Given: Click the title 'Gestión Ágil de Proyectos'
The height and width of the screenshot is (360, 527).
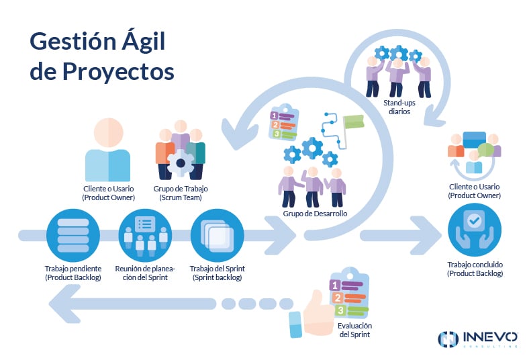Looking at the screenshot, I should pos(101,56).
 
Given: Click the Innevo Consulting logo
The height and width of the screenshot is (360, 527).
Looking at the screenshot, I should pos(477,339).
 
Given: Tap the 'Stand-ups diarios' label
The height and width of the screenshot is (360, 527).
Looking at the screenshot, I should pos(397,107).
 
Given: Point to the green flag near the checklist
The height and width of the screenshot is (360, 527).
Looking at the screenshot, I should pos(353,124).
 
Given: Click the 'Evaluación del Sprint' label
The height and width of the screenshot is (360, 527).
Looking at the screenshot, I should pos(355,330).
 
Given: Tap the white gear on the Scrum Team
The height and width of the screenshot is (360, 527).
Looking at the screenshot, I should pos(181,163).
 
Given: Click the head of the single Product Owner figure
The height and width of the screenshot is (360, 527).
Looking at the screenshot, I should pos(108,131).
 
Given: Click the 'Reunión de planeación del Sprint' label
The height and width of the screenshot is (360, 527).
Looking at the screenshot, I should pos(145,272).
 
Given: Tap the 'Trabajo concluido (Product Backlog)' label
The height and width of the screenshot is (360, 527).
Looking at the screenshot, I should pos(475,269).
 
